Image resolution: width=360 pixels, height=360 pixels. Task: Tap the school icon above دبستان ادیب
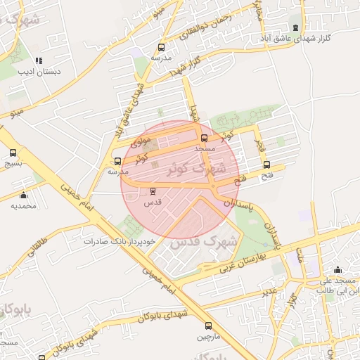click(x=39, y=60)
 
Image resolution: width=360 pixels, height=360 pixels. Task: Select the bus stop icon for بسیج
click(x=13, y=153)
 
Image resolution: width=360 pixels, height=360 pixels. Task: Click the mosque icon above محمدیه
click(x=23, y=195)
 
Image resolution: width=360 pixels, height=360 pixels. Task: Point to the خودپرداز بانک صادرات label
click(x=117, y=240)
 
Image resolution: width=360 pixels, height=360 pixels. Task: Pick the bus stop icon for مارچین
click(x=208, y=326)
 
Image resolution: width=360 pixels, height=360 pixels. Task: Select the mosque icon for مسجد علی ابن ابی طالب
click(x=337, y=269)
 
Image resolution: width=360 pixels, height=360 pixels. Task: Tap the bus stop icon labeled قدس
click(x=153, y=191)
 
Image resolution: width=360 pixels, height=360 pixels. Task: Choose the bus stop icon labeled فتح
click(x=266, y=165)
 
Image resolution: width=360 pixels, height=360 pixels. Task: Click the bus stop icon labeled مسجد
click(x=204, y=139)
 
